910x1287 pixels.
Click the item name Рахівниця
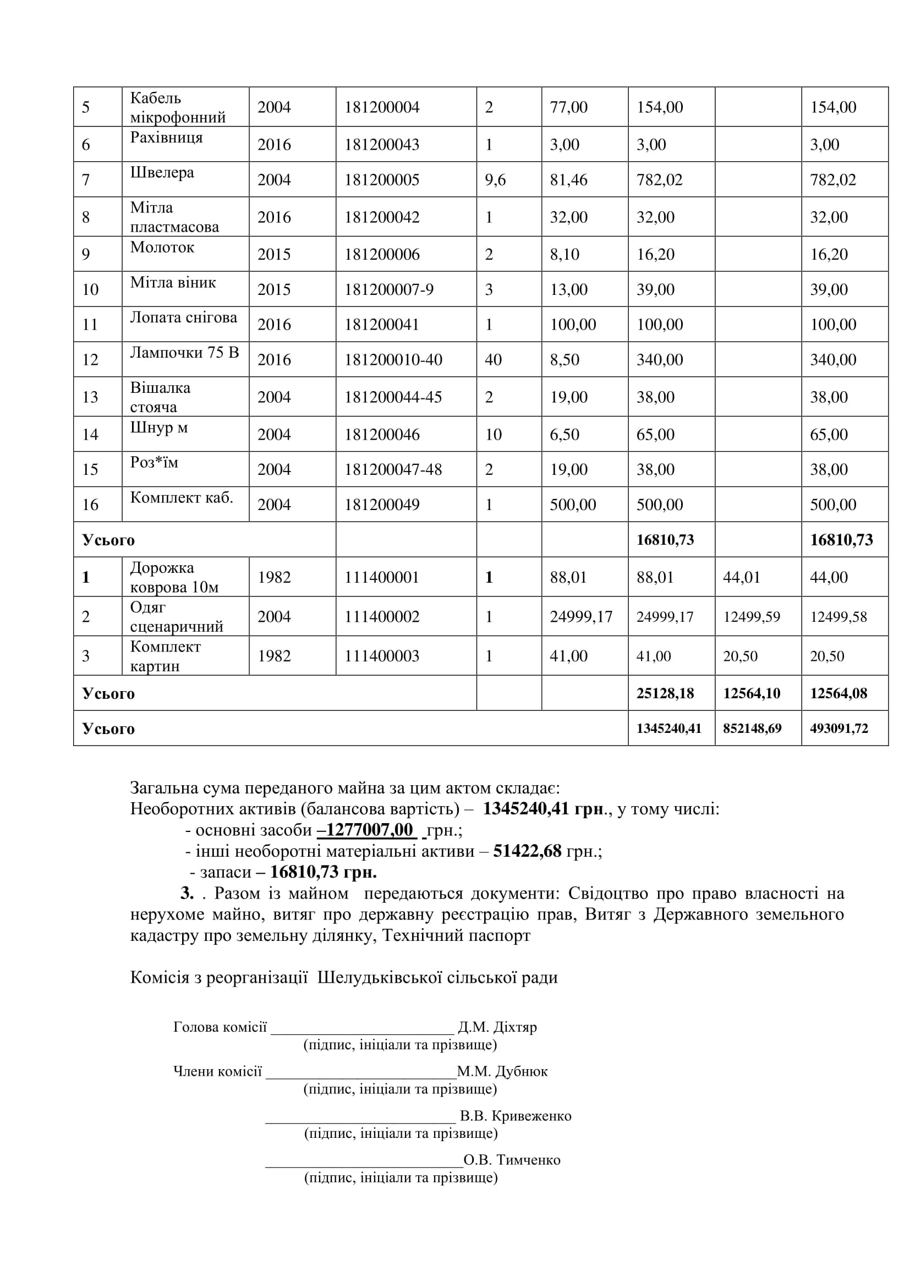coord(166,138)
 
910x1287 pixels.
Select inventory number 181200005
coord(382,180)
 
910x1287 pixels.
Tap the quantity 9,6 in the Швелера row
coord(495,180)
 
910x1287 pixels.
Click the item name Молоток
coord(162,247)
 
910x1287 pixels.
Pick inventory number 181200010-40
coord(393,360)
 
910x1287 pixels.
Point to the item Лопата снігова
coord(183,317)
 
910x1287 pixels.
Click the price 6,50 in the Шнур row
coord(564,435)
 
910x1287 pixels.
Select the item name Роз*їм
coord(154,462)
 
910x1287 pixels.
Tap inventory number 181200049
coord(382,505)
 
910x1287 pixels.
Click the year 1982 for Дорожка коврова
coord(274,577)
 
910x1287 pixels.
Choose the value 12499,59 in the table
coord(752,617)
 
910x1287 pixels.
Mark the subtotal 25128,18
coord(665,693)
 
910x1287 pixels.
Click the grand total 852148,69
coord(752,729)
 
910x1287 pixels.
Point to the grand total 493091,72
coord(838,729)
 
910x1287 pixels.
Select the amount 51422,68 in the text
coord(527,851)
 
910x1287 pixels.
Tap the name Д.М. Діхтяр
coord(497,1027)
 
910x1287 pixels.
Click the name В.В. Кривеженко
coord(515,1115)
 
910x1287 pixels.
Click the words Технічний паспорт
coord(456,935)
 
